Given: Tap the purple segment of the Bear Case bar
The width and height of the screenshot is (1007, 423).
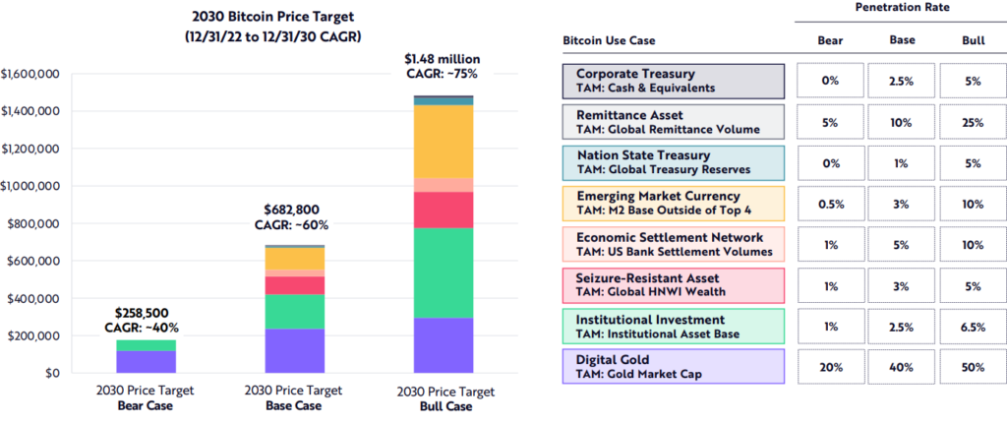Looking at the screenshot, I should coord(147,362).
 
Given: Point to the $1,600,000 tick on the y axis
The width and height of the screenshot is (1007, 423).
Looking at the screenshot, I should coord(32,74).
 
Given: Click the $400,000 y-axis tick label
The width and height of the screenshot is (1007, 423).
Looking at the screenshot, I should coord(35,299).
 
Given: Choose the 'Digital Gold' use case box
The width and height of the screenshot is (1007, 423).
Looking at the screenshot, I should coord(674,366).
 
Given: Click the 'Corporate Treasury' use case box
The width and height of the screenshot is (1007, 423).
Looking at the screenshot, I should coord(674,81).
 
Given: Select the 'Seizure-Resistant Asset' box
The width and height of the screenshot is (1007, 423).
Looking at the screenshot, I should coord(674,284).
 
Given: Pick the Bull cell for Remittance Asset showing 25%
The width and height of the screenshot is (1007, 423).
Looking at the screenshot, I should coord(973,121).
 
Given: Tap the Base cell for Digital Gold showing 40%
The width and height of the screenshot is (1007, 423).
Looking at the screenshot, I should coord(902,366).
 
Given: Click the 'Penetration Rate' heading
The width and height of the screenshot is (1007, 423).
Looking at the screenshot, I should coord(902,8).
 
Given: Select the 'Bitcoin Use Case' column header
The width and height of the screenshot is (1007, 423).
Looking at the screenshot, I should coord(609,41).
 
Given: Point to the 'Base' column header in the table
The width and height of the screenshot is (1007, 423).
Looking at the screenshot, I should coord(902,41).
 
